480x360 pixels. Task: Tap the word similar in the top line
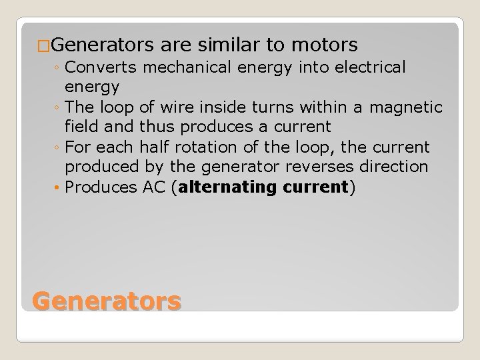(x=231, y=45)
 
